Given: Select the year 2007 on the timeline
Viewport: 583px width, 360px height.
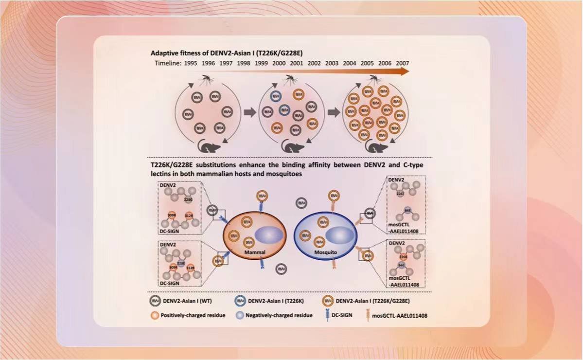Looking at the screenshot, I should [402, 63].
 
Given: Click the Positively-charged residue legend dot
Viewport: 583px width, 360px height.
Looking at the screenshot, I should [154, 315].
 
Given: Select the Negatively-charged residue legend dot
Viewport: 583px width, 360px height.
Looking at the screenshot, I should [240, 315].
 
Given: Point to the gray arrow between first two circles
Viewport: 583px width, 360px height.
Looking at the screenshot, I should [249, 113].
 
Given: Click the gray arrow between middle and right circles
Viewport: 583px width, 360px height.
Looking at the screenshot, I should [334, 113].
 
